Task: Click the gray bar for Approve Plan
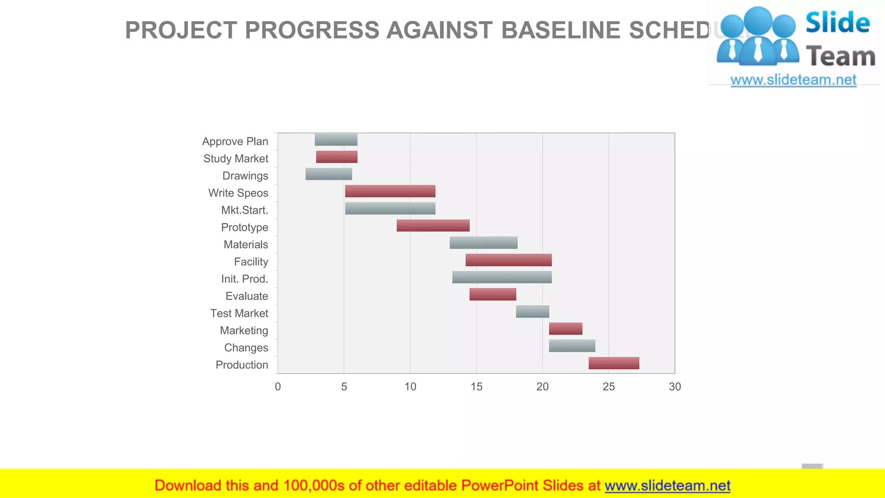coord(336,140)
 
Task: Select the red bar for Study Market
coord(337,157)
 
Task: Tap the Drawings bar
coord(328,174)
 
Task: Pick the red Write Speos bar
coord(390,191)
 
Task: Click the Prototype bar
coord(433,226)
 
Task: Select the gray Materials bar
coord(483,243)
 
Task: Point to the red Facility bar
coord(509,260)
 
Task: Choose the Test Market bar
coord(532,312)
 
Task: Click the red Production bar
coord(614,363)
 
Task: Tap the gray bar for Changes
coord(572,346)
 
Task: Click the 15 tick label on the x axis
coord(476,387)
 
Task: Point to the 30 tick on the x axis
coord(675,387)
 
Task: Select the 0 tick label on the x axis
coord(278,387)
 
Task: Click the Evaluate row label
coord(247,296)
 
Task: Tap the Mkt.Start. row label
coord(245,210)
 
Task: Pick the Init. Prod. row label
coord(245,279)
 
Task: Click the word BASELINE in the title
coord(561,30)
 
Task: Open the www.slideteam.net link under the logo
coord(793,80)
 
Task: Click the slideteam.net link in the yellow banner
coord(667,485)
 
